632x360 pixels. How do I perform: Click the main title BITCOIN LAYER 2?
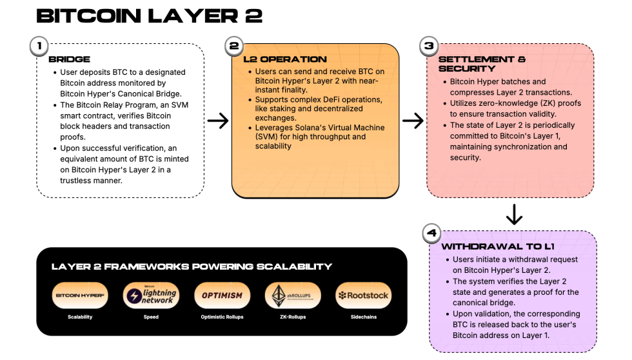150,15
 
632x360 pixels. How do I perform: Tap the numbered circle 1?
40,46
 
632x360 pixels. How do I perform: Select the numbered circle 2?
233,46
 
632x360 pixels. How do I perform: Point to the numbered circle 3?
428,46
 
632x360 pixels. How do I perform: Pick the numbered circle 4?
431,234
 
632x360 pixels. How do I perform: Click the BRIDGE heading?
69,59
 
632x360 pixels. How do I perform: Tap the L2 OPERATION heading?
285,59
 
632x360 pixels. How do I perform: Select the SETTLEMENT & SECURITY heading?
481,64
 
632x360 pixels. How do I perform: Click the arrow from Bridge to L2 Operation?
218,121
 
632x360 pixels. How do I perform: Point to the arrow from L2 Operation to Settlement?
413,121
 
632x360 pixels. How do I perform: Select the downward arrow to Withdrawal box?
514,214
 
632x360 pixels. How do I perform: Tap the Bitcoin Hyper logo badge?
80,295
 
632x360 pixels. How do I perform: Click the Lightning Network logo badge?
151,295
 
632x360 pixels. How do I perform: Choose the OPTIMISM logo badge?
222,295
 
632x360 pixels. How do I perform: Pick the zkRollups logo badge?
293,295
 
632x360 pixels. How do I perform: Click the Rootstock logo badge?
364,295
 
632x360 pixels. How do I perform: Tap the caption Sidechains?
364,317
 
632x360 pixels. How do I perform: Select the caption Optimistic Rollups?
222,317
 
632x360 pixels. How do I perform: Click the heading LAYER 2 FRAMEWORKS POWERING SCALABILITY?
192,266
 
